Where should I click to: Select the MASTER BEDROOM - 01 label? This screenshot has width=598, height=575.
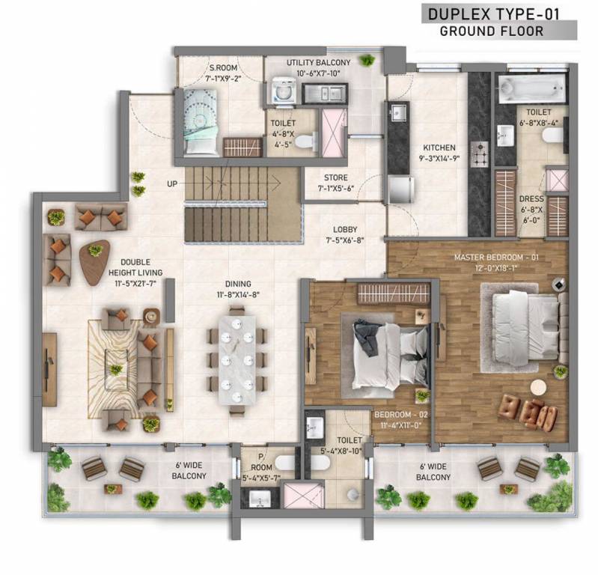click(497, 258)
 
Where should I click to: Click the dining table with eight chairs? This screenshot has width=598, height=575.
click(237, 359)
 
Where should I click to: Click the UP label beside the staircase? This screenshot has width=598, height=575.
click(172, 183)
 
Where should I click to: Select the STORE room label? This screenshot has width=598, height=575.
click(335, 178)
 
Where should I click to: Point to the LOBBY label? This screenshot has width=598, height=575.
click(345, 230)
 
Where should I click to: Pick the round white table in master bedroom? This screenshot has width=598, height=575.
click(538, 386)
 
